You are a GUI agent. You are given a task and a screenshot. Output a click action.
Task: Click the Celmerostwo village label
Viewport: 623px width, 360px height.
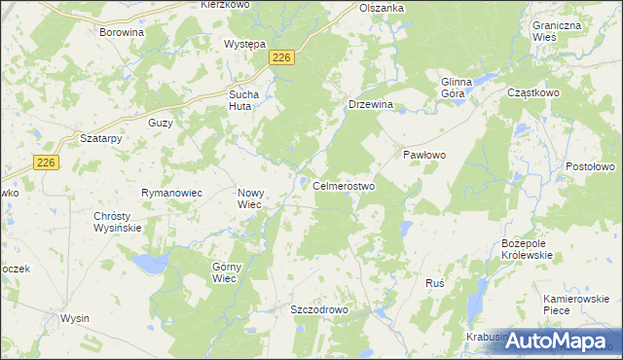pos(344,186)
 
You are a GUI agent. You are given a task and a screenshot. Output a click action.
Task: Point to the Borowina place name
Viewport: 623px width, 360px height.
pos(122,32)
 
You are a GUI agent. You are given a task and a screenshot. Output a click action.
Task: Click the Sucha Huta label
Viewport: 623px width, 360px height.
pos(244,100)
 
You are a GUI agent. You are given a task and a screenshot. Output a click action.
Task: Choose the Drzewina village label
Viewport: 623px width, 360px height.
pos(370,104)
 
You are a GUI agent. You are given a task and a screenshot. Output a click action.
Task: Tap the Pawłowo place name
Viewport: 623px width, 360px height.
pos(424,156)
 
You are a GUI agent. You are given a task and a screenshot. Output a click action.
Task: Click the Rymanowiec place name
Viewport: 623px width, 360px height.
pos(171,194)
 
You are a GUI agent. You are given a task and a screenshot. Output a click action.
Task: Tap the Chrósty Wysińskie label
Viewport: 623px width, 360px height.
pos(118,222)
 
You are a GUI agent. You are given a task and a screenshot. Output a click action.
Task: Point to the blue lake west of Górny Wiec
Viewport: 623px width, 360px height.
pos(149,263)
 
